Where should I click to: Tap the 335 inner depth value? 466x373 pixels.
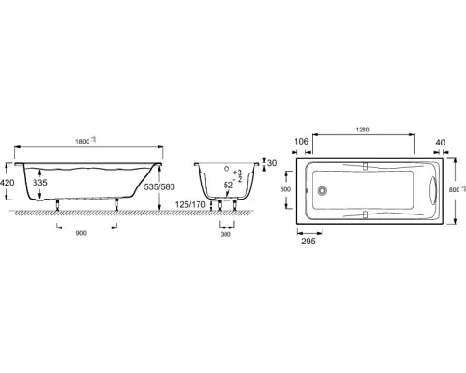coord(39,184)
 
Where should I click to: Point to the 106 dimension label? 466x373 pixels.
coord(301,141)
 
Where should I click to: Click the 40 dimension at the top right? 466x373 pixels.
coord(439,141)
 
